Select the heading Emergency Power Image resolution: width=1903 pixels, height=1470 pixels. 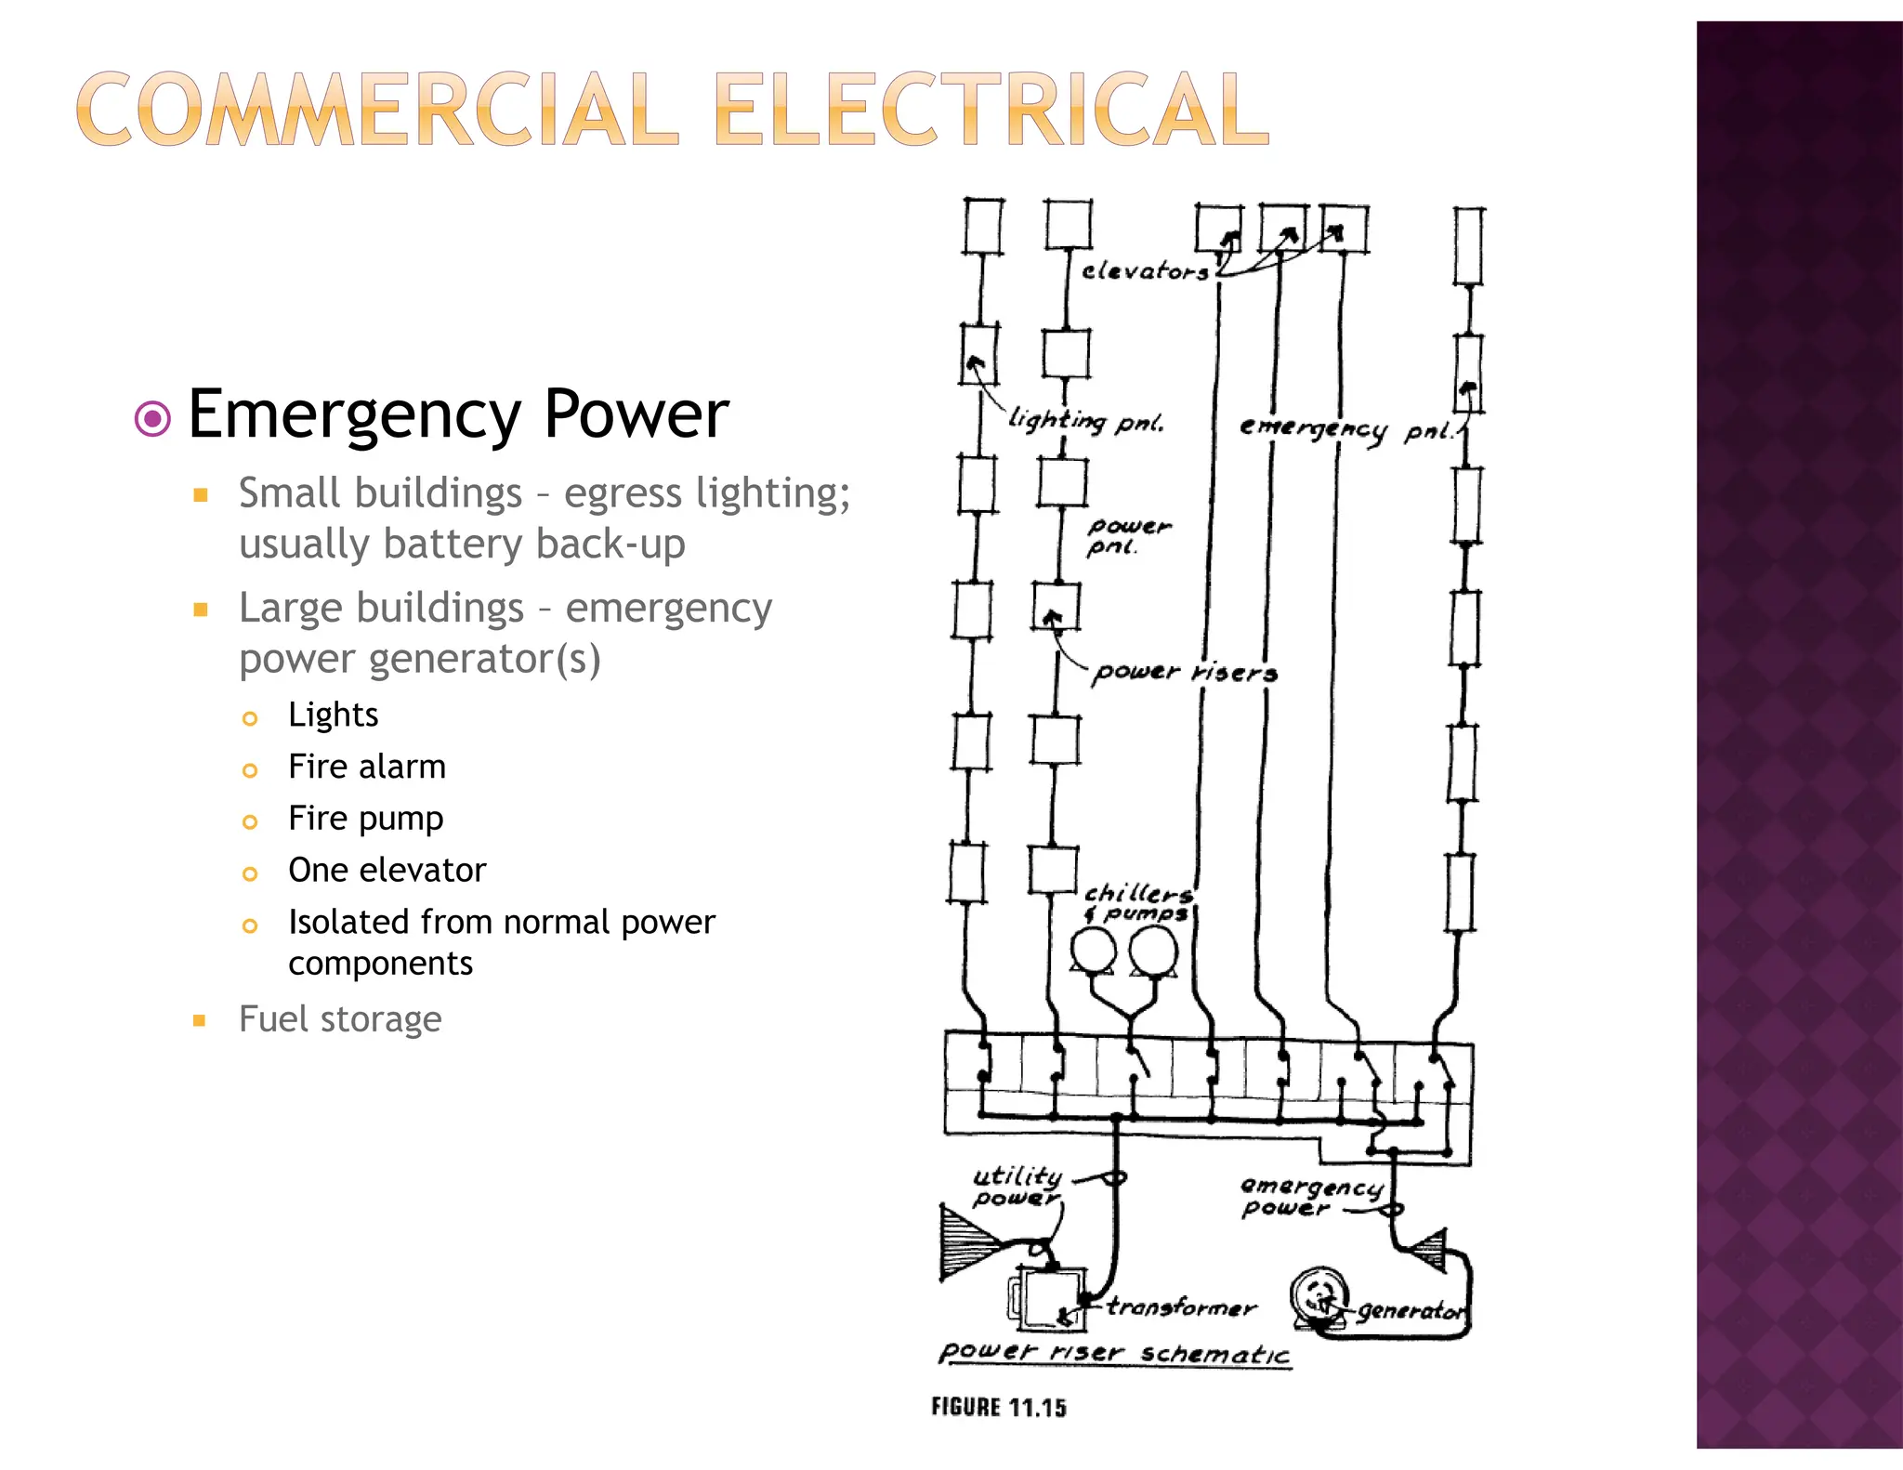coord(458,414)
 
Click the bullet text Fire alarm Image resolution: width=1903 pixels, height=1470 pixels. coord(367,767)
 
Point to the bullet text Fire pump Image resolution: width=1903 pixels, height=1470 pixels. coord(366,819)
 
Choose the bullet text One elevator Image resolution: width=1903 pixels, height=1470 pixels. coord(387,870)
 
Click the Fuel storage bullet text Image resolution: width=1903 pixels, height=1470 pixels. coord(340,1019)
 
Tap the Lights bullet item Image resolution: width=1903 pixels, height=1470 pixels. coord(333,715)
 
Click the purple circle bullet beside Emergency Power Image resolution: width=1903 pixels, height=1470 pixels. coord(152,418)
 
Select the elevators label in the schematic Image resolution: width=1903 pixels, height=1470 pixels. coord(1145,271)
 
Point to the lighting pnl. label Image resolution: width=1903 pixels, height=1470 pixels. coord(1085,421)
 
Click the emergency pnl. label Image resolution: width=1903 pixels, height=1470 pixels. coord(1347,429)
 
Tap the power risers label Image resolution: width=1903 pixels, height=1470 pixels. coord(1185,671)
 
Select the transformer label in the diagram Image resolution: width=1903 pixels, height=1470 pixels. coord(1181,1307)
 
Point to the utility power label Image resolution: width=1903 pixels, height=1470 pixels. coord(1017,1187)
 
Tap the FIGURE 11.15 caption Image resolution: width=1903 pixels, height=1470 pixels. coord(999,1407)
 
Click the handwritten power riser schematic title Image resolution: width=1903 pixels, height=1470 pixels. coord(1114,1352)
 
